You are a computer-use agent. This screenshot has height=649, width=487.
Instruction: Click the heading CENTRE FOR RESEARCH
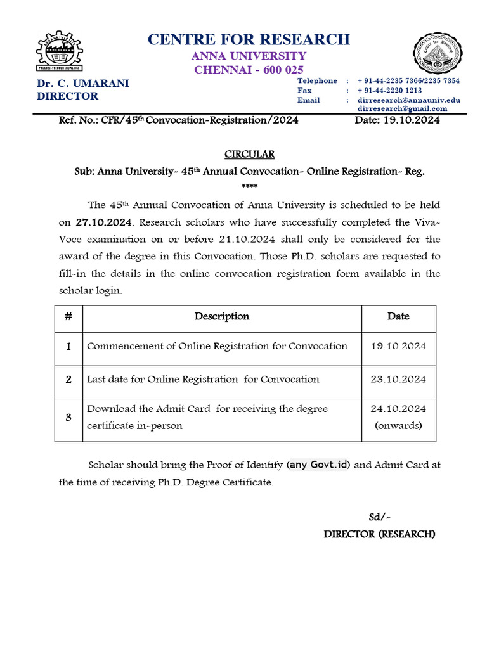click(249, 39)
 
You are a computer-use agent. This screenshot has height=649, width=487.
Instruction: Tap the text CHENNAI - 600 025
click(249, 70)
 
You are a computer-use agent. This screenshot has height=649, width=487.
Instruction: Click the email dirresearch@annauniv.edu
click(408, 100)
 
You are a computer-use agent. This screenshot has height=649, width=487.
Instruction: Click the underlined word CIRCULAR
click(249, 155)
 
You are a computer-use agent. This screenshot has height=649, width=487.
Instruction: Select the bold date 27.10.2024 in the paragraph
click(105, 223)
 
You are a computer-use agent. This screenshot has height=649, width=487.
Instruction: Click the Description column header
click(222, 316)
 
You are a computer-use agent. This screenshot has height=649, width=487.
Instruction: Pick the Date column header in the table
click(398, 316)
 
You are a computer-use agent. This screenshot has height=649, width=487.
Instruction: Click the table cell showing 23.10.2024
click(398, 379)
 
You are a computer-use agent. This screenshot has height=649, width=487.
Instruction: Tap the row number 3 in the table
click(68, 418)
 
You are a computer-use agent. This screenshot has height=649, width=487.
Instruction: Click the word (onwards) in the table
click(398, 425)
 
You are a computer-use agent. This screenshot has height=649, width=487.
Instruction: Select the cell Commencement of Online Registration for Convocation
click(217, 346)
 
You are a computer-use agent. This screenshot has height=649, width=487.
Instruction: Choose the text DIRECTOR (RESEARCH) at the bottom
click(379, 534)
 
